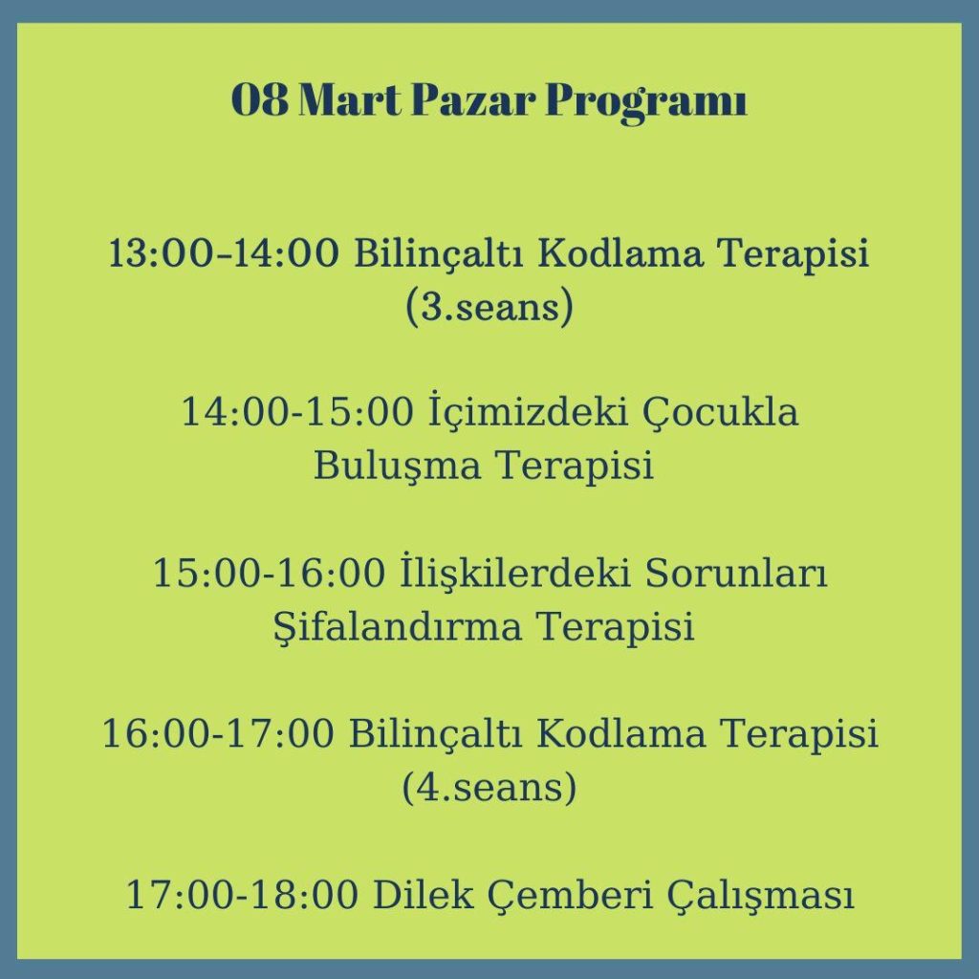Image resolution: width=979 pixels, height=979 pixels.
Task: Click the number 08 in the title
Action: tap(260, 99)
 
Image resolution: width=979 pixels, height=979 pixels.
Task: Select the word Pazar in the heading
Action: tap(472, 99)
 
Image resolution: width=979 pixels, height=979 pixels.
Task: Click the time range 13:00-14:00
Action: tap(225, 253)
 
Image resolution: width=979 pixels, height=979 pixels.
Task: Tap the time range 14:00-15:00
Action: tap(298, 412)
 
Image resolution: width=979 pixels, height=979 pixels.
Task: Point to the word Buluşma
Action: tap(397, 466)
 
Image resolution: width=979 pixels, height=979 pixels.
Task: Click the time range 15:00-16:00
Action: tap(269, 574)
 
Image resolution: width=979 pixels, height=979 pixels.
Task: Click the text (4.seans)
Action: tap(489, 788)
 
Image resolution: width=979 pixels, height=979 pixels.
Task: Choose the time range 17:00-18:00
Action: tap(243, 895)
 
